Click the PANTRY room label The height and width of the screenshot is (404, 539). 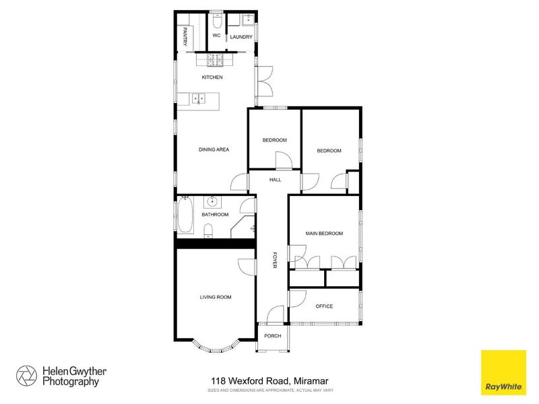coord(185,36)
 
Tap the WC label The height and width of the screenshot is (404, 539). coord(216,36)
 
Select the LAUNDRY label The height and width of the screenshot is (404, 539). coord(241,37)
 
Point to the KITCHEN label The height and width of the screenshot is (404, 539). coord(212,77)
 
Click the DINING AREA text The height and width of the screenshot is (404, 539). coord(214,149)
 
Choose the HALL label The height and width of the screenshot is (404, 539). coord(275,180)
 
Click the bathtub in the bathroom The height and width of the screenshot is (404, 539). coord(185,217)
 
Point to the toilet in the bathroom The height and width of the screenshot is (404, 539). coord(209,231)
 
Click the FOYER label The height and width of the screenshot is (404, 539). coord(275,261)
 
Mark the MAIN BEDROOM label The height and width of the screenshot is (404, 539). coord(324,234)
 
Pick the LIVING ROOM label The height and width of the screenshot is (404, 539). coord(216,296)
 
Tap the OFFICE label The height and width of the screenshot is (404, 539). coord(324,306)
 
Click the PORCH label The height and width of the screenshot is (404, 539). coord(272,337)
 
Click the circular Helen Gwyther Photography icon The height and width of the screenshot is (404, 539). coord(27,376)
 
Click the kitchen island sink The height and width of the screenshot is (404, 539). coord(199,99)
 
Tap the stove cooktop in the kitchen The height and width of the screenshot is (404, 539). coord(215,61)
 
